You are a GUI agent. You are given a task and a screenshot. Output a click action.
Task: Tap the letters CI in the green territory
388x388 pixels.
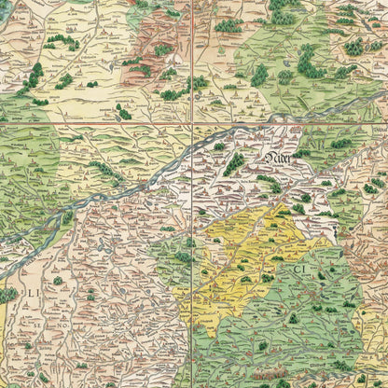pos(302,271)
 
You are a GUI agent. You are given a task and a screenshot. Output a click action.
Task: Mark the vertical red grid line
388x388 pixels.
pos(192,56)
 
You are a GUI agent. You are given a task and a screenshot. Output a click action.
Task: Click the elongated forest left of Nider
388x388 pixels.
pos(234,164)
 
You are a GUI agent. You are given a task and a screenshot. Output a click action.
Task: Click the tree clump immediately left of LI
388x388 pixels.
pos(7,295)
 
